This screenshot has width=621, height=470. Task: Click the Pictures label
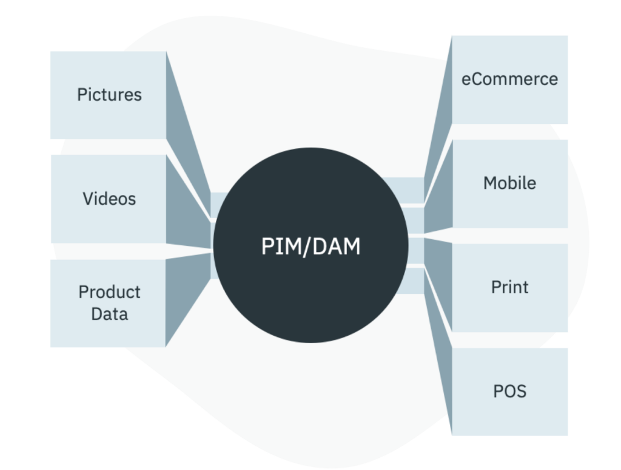coord(109,95)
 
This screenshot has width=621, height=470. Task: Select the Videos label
coord(109,199)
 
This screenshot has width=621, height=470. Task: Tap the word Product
coord(109,292)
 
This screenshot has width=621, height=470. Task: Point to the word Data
coord(109,314)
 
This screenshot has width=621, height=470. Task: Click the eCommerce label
coord(509,79)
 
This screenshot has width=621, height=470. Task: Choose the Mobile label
coord(509,183)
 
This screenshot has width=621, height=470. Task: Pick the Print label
coord(509,287)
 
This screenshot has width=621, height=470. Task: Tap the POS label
coord(509,390)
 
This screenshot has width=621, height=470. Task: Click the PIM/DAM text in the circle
coord(310,247)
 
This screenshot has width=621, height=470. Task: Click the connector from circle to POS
coord(440,340)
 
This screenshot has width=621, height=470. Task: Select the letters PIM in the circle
coord(277,247)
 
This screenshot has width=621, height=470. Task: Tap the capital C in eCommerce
coord(477,79)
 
